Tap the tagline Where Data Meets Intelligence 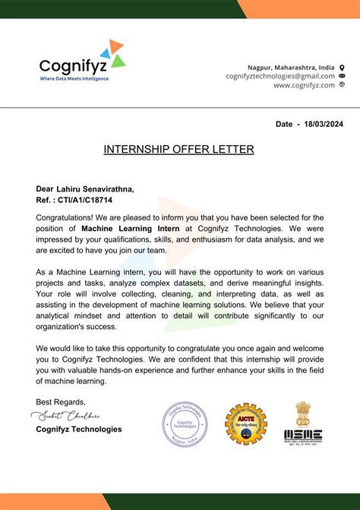(x=74, y=78)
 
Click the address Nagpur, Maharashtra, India (x=291, y=66)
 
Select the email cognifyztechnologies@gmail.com (x=280, y=76)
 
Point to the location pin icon (x=342, y=66)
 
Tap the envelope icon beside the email (x=342, y=76)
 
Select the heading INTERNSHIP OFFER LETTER (x=178, y=150)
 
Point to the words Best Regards (x=61, y=401)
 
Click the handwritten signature (x=68, y=416)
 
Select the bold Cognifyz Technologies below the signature (x=78, y=429)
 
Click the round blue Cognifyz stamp (x=185, y=423)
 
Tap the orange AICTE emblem (x=245, y=423)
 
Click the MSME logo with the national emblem (x=303, y=423)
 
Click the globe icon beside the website (x=342, y=85)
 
